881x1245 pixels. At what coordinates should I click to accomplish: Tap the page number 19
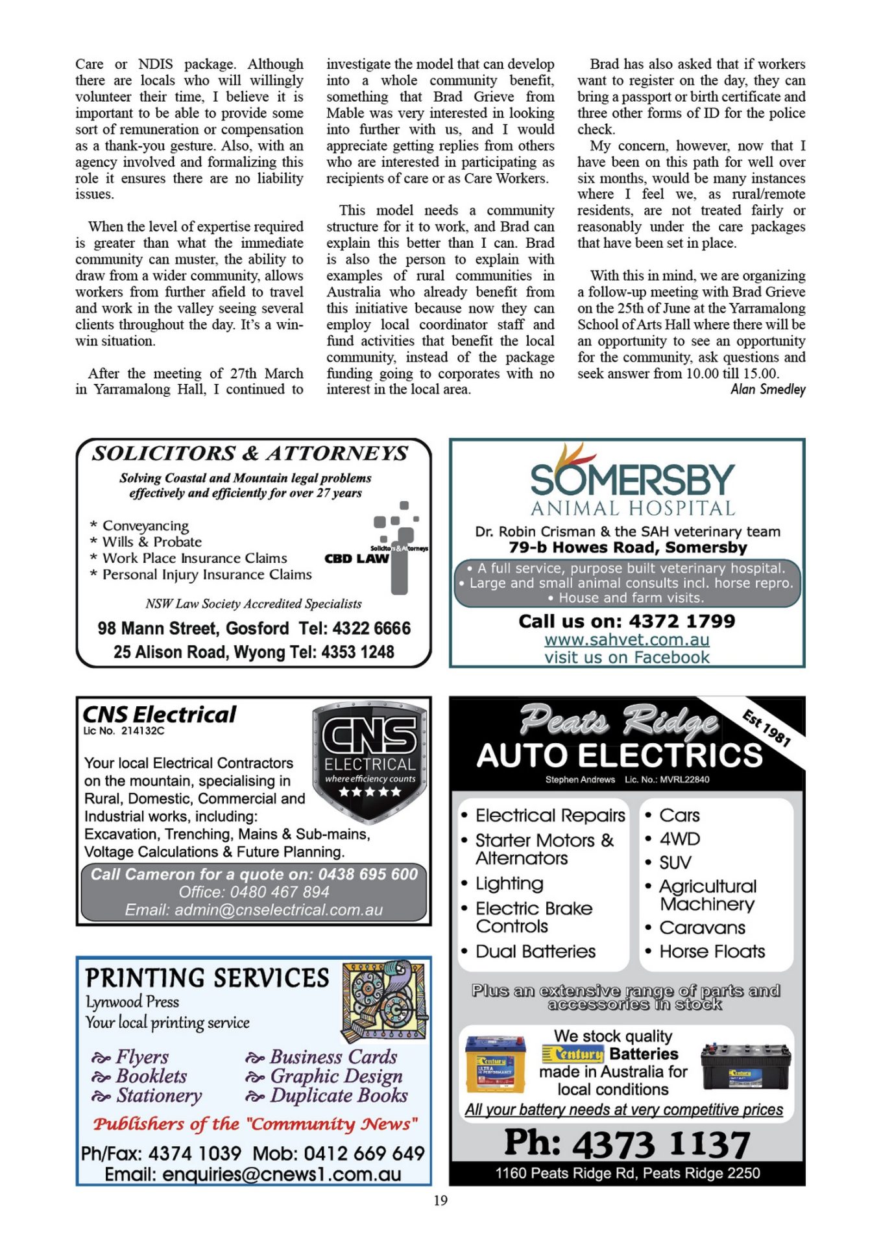(440, 1200)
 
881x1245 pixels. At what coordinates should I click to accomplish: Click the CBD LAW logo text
(356, 558)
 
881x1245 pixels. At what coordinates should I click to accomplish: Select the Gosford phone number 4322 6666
(371, 628)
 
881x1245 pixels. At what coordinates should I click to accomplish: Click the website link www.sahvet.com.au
(627, 639)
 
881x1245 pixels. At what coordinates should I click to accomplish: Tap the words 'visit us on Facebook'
(627, 657)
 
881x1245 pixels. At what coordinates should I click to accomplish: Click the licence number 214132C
(143, 731)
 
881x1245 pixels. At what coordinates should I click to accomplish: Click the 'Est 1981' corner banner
(766, 728)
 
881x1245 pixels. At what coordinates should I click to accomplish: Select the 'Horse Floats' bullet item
(712, 951)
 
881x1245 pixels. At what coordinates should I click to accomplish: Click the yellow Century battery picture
(496, 1064)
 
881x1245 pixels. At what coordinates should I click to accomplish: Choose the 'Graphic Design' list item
(336, 1076)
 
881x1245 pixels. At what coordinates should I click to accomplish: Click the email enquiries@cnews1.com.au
(281, 1174)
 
